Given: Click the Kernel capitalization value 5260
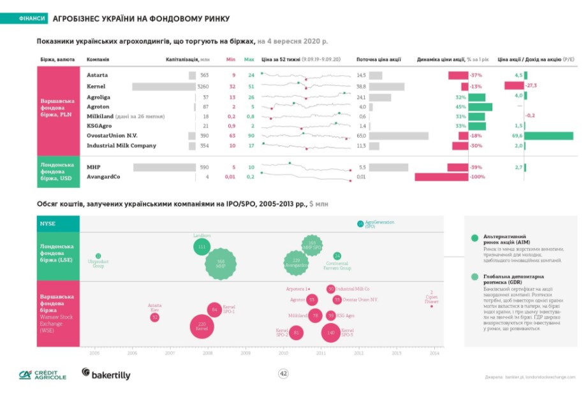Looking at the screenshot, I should (203, 86).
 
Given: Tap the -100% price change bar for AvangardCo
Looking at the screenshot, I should (441, 177).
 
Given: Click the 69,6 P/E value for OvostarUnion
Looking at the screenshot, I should (517, 136).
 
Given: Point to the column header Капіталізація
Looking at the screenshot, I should (184, 59).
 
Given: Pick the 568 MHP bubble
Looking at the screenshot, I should (221, 263).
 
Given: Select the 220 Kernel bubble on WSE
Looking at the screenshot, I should (202, 327).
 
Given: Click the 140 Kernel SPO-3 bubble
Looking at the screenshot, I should (330, 332).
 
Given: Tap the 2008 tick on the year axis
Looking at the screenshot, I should (207, 352).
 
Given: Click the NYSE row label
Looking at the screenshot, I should (48, 224).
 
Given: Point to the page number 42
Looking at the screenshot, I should (284, 374).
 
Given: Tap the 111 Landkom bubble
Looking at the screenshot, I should (202, 247).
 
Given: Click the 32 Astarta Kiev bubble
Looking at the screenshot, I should (154, 317).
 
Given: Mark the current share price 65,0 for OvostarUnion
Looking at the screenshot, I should (362, 136).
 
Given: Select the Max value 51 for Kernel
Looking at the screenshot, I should (251, 86).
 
